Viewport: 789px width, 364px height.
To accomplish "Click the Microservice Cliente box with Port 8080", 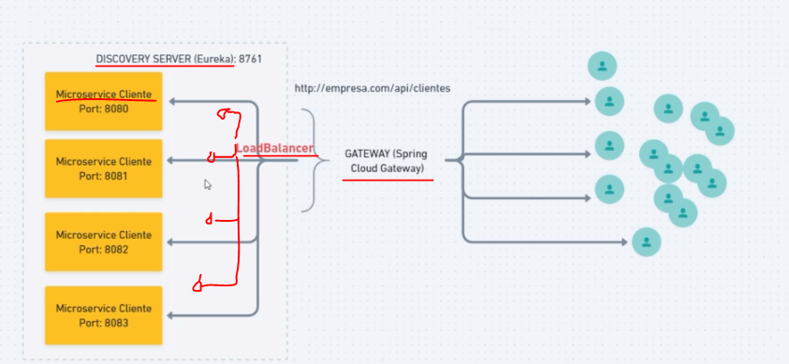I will coord(103,101).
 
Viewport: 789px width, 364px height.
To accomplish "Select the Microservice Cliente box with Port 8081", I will coord(103,168).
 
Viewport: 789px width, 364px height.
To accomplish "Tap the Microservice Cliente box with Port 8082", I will coord(103,241).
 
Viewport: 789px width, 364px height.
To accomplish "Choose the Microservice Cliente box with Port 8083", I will coord(103,315).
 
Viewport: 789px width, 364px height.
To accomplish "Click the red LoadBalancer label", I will coord(273,149).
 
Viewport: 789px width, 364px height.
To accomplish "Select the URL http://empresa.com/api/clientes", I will coord(373,88).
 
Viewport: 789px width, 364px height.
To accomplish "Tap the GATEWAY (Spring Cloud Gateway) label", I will coord(385,160).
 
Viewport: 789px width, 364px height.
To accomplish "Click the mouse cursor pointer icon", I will coord(208,184).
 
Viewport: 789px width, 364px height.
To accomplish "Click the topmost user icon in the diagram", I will coord(603,66).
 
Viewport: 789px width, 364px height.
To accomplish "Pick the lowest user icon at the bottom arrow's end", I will coord(647,242).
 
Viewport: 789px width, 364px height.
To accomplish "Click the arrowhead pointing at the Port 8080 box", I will coord(172,101).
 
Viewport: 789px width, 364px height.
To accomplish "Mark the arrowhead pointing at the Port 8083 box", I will coord(172,315).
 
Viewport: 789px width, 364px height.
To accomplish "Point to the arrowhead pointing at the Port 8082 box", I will coord(172,242).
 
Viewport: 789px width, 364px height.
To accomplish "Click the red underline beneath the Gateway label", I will coord(387,179).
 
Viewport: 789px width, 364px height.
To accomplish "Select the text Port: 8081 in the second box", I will coord(103,176).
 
